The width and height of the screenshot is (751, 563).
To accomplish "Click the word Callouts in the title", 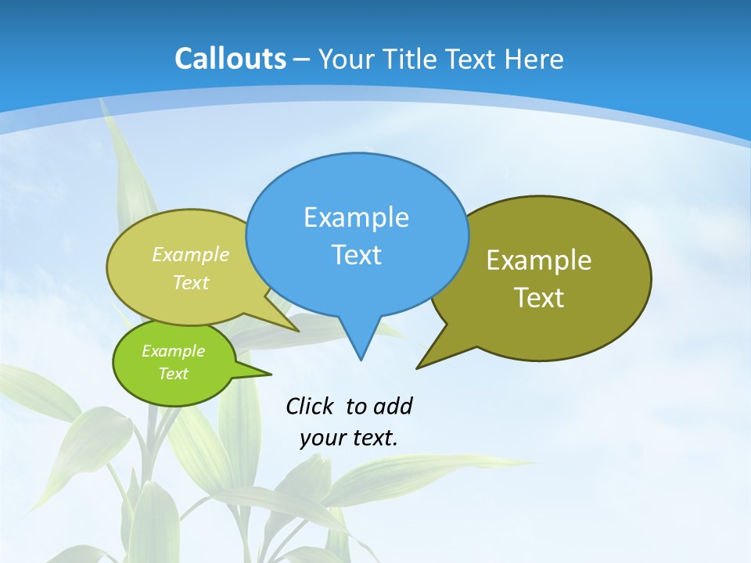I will click(230, 59).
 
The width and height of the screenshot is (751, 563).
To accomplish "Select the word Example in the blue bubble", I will click(356, 217).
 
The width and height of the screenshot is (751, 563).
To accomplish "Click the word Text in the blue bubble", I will click(356, 255).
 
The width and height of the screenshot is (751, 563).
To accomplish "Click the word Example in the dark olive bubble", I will click(539, 260).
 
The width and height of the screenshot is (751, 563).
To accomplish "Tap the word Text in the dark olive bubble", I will click(539, 298).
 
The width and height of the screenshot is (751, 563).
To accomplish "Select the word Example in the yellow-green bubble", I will click(191, 255).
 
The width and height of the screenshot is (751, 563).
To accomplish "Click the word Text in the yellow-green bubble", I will click(191, 283).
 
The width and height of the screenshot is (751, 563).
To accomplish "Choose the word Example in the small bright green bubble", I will click(173, 351).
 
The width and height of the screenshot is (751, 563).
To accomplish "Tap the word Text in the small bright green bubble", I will click(173, 374).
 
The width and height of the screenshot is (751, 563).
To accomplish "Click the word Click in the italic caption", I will click(311, 407).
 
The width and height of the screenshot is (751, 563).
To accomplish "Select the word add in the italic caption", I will click(393, 407).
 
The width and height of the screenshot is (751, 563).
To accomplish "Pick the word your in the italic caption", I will click(322, 438).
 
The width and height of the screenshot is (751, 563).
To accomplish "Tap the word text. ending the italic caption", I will click(374, 438).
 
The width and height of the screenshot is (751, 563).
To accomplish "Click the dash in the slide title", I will click(302, 59).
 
